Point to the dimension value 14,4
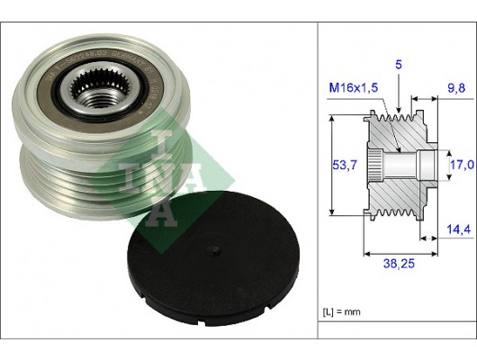(x=457, y=230)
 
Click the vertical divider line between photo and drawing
(x=318, y=180)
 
